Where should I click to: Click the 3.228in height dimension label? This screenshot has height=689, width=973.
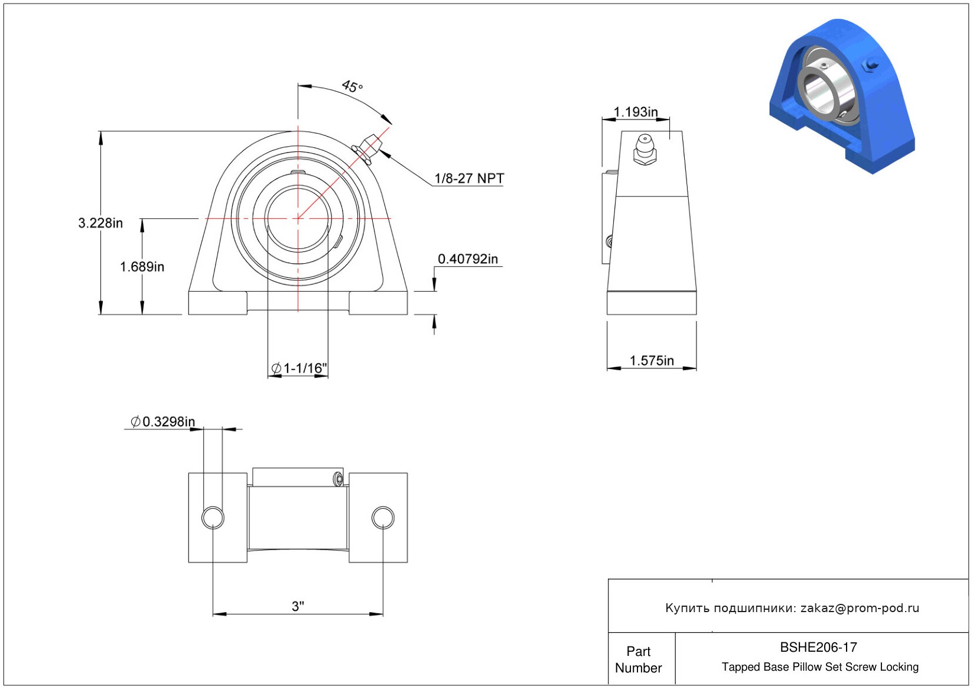[x=100, y=223]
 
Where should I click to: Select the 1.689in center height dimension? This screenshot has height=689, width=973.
[x=142, y=267]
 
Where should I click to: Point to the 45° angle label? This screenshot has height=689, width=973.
[x=352, y=86]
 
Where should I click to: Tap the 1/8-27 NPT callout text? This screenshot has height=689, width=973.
[x=469, y=179]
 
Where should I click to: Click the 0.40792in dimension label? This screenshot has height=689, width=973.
[x=467, y=259]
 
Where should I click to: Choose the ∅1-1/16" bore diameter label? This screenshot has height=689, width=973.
[x=299, y=368]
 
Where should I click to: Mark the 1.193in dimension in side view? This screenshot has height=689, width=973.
[x=636, y=112]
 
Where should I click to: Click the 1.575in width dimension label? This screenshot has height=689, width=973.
[x=652, y=361]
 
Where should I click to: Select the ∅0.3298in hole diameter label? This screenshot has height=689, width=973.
[x=163, y=422]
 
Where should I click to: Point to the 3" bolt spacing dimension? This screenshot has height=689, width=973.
[x=298, y=606]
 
